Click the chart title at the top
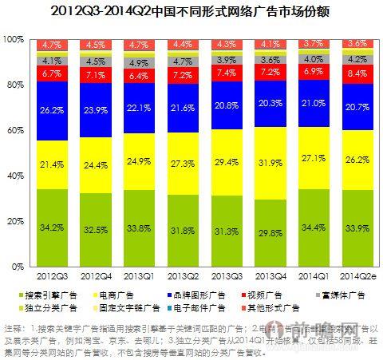191,13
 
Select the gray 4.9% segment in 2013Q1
140,63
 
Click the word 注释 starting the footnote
15,328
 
